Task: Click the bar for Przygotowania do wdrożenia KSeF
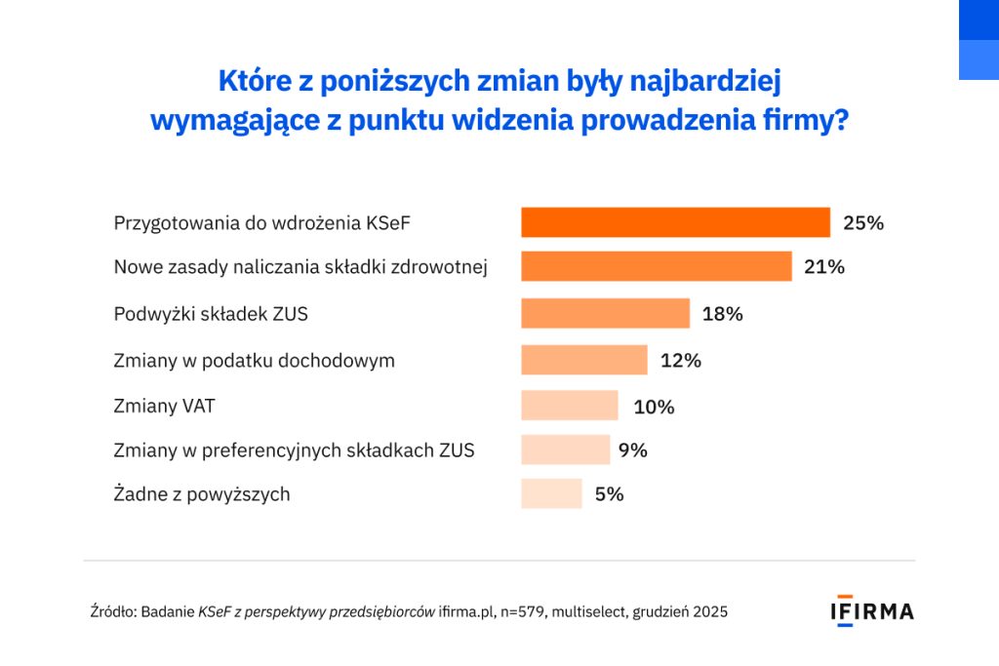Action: [675, 222]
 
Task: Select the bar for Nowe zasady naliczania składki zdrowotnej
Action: [656, 266]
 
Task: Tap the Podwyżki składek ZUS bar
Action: [605, 313]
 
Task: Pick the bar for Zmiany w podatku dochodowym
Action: [583, 360]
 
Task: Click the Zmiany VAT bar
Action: [569, 406]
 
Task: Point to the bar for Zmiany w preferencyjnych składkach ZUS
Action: [565, 450]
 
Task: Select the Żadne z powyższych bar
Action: [551, 493]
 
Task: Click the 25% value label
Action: [863, 222]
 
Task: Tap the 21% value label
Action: [824, 266]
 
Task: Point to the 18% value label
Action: [723, 313]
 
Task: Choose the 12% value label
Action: [680, 360]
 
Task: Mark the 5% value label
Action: [609, 493]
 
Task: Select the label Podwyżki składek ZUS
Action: [211, 314]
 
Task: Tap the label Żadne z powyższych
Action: [202, 494]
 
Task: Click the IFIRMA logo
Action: [871, 610]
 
